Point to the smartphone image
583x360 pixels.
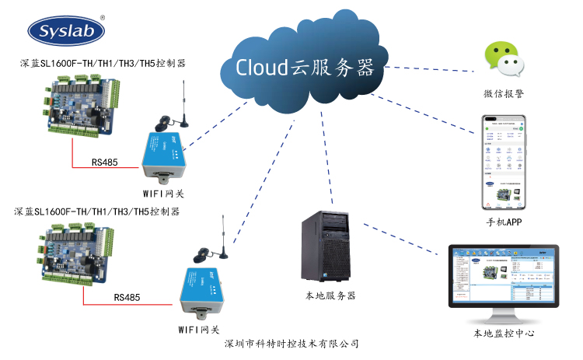pos(502,163)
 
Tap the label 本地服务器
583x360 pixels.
pos(330,296)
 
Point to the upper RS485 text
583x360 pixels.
pos(105,163)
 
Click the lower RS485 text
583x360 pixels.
pos(127,297)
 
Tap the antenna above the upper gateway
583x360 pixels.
pos(184,101)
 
